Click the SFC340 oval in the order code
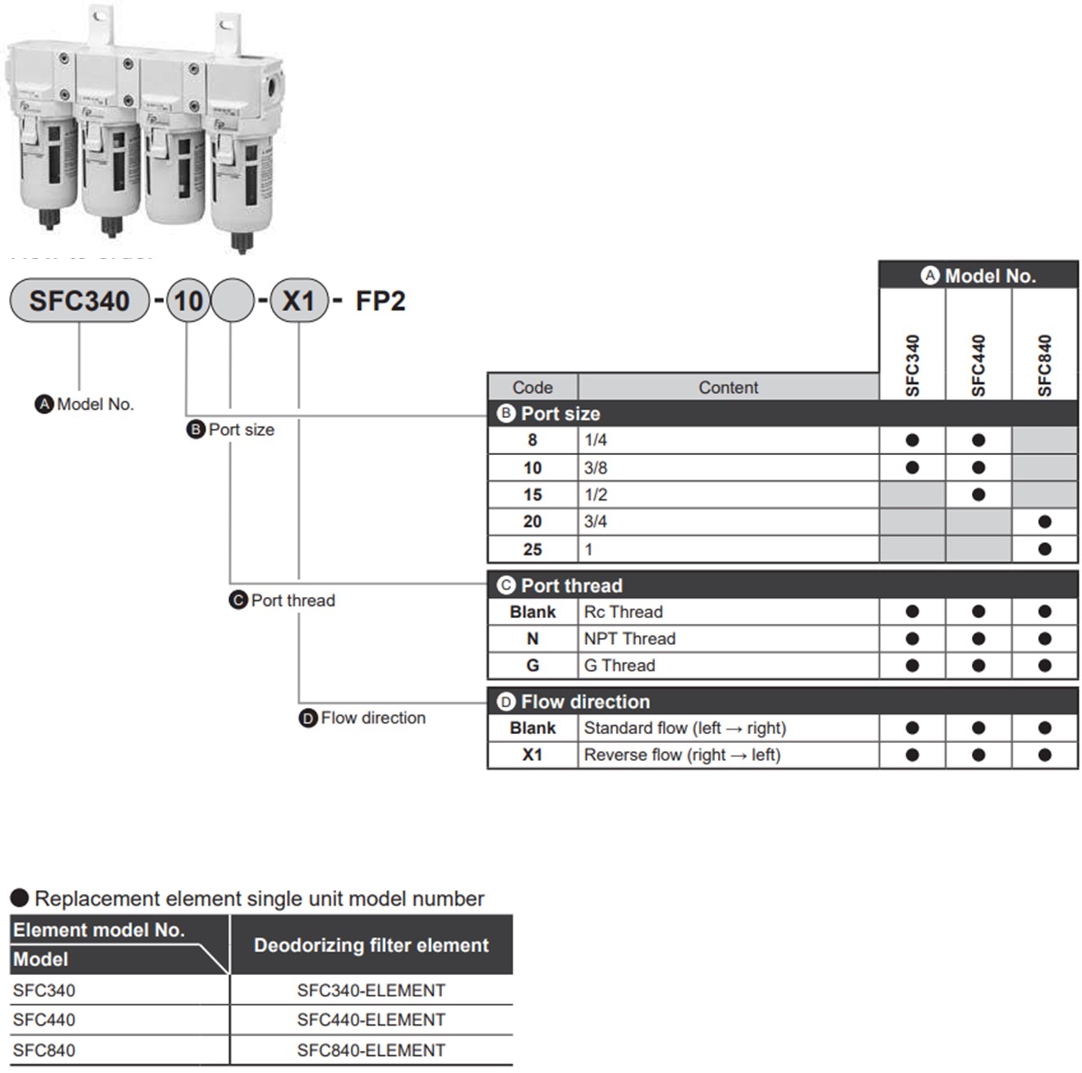pyautogui.click(x=79, y=301)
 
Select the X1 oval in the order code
pyautogui.click(x=299, y=301)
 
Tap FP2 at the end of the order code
pyautogui.click(x=380, y=301)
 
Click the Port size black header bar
pyautogui.click(x=782, y=413)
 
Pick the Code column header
pyautogui.click(x=532, y=387)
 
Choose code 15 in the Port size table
pyautogui.click(x=532, y=495)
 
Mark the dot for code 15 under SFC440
pyautogui.click(x=978, y=495)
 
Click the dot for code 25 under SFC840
pyautogui.click(x=1044, y=549)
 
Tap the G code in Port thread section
pyautogui.click(x=532, y=666)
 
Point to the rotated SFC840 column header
pyautogui.click(x=1044, y=365)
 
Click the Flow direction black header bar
pyautogui.click(x=782, y=701)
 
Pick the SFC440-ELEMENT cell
pyautogui.click(x=371, y=1020)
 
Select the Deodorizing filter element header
pyautogui.click(x=371, y=945)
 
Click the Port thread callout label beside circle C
pyautogui.click(x=292, y=600)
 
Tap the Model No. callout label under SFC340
pyautogui.click(x=95, y=404)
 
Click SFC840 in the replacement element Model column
pyautogui.click(x=44, y=1050)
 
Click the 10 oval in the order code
pyautogui.click(x=188, y=301)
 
